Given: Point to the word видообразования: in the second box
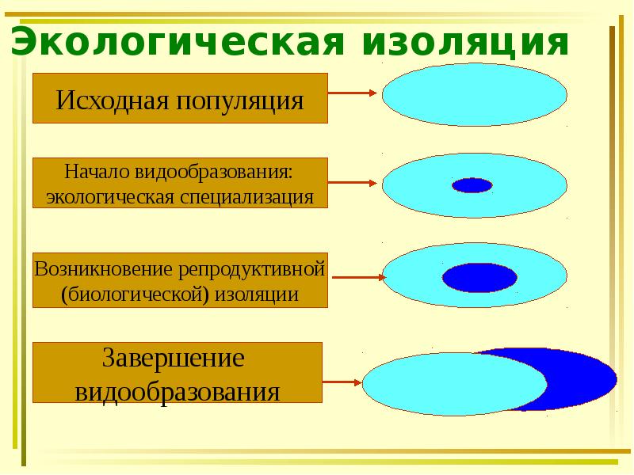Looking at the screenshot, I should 215,171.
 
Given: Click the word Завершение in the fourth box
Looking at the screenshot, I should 178,358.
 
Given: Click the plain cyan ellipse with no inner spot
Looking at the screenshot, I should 474,95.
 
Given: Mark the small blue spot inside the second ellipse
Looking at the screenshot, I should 472,186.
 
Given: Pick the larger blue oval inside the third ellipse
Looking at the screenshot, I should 479,277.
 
